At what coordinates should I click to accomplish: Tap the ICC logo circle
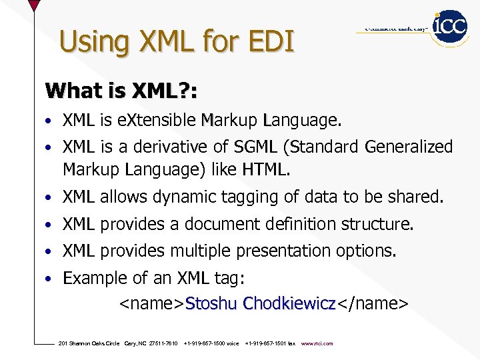coord(450,27)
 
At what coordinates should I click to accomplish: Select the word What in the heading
coord(70,91)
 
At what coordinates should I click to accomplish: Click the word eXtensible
coord(157,121)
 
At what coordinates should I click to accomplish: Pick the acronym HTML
coord(266,170)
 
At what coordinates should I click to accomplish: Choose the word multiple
coord(197,251)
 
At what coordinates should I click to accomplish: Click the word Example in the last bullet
coord(91,279)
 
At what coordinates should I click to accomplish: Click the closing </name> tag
coord(371,304)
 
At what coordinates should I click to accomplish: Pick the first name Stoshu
coord(211,304)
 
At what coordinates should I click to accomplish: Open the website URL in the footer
coord(317,343)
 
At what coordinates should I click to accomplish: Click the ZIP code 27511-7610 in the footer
coord(163,343)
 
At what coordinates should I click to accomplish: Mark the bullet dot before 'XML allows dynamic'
coord(50,198)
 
